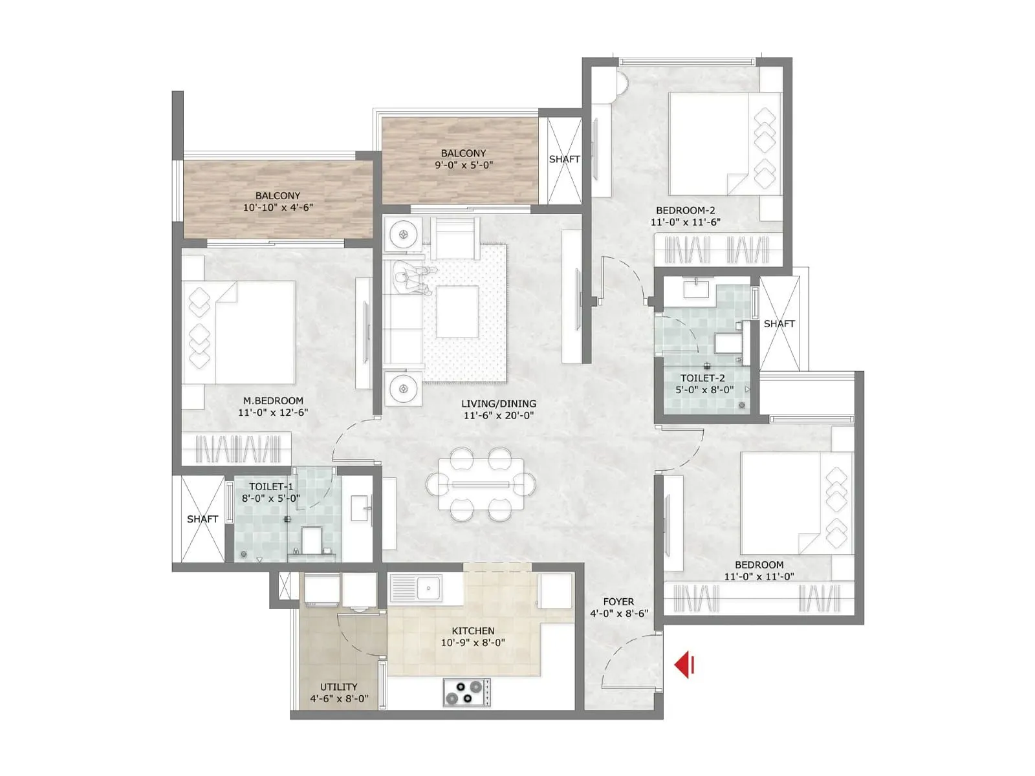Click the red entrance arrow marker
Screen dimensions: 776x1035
pos(684,665)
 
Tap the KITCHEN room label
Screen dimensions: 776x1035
pos(473,630)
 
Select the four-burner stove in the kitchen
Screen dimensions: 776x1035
pos(466,692)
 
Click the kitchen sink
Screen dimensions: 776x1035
pos(428,588)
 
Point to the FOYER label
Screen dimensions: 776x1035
pos(619,601)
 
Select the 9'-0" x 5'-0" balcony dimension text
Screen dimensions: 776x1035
pos(464,165)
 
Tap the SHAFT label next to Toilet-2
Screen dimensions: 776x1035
pos(779,323)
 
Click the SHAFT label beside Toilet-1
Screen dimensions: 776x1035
pos(202,519)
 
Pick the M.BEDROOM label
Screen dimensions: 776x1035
pos(272,401)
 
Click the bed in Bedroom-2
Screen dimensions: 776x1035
pos(724,143)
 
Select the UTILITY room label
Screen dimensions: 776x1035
pos(339,687)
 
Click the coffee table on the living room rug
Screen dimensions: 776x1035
pos(457,312)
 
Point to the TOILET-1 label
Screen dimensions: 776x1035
pos(270,486)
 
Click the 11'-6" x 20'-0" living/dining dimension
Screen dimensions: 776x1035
pos(498,415)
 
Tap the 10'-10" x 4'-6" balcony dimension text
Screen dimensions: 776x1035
pos(278,208)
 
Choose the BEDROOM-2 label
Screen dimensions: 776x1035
pos(685,210)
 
